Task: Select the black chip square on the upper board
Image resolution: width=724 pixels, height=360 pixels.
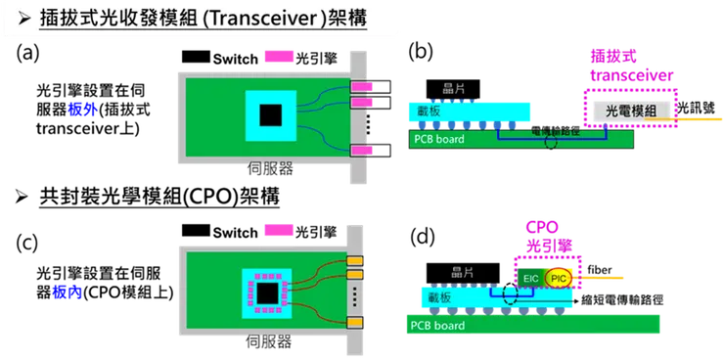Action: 271,115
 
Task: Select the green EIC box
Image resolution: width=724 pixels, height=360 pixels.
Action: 530,279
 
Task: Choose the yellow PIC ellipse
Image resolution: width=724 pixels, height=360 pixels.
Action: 560,279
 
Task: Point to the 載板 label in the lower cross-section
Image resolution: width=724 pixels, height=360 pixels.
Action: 439,293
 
